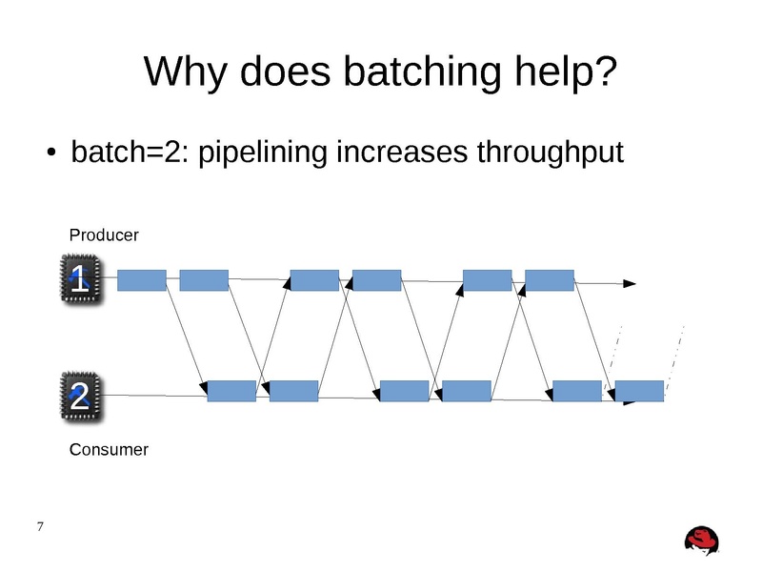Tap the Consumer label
click(109, 449)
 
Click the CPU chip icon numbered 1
click(79, 279)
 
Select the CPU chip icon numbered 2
click(79, 395)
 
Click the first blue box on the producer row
click(141, 279)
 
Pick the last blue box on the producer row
click(549, 279)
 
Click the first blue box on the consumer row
click(231, 391)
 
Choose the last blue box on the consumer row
click(639, 391)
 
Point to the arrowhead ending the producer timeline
click(630, 283)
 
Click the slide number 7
click(39, 527)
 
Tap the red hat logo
click(703, 540)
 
